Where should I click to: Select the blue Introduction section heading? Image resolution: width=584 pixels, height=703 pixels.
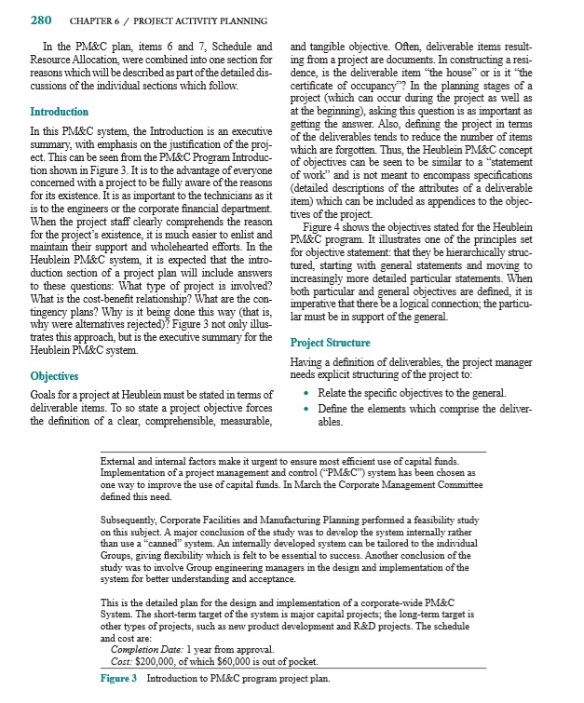tap(62, 113)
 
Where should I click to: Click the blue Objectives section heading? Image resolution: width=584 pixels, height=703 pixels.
tap(58, 376)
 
